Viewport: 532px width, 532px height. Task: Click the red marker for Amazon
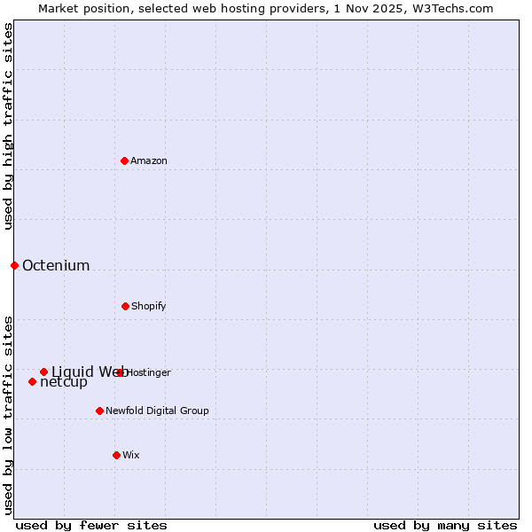tap(124, 160)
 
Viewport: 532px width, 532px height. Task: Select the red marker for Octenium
tap(14, 265)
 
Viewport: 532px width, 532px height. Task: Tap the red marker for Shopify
tap(125, 306)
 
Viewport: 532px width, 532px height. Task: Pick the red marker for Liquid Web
tap(43, 372)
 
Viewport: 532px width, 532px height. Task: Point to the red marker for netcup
tap(32, 381)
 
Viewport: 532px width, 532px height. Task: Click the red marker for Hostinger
tap(120, 372)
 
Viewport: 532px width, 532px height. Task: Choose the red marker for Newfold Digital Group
tap(99, 411)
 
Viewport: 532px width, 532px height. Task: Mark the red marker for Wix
tap(116, 455)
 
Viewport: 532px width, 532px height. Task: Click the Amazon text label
tap(149, 160)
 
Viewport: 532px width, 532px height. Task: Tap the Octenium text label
tap(56, 265)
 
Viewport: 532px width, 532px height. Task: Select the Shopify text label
tap(149, 306)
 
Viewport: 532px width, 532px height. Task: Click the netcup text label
tap(64, 382)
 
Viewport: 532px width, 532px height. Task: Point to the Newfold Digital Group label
tap(157, 411)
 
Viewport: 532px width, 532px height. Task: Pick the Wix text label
tap(131, 455)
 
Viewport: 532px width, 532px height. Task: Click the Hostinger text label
tap(149, 372)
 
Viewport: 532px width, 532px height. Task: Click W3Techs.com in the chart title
tap(455, 8)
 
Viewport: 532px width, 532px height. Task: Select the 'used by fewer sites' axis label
tap(91, 525)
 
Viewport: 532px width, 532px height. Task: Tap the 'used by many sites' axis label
tap(445, 525)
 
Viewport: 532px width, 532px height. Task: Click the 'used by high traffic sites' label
tap(8, 126)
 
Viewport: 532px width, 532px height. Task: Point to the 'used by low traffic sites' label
tap(8, 415)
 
